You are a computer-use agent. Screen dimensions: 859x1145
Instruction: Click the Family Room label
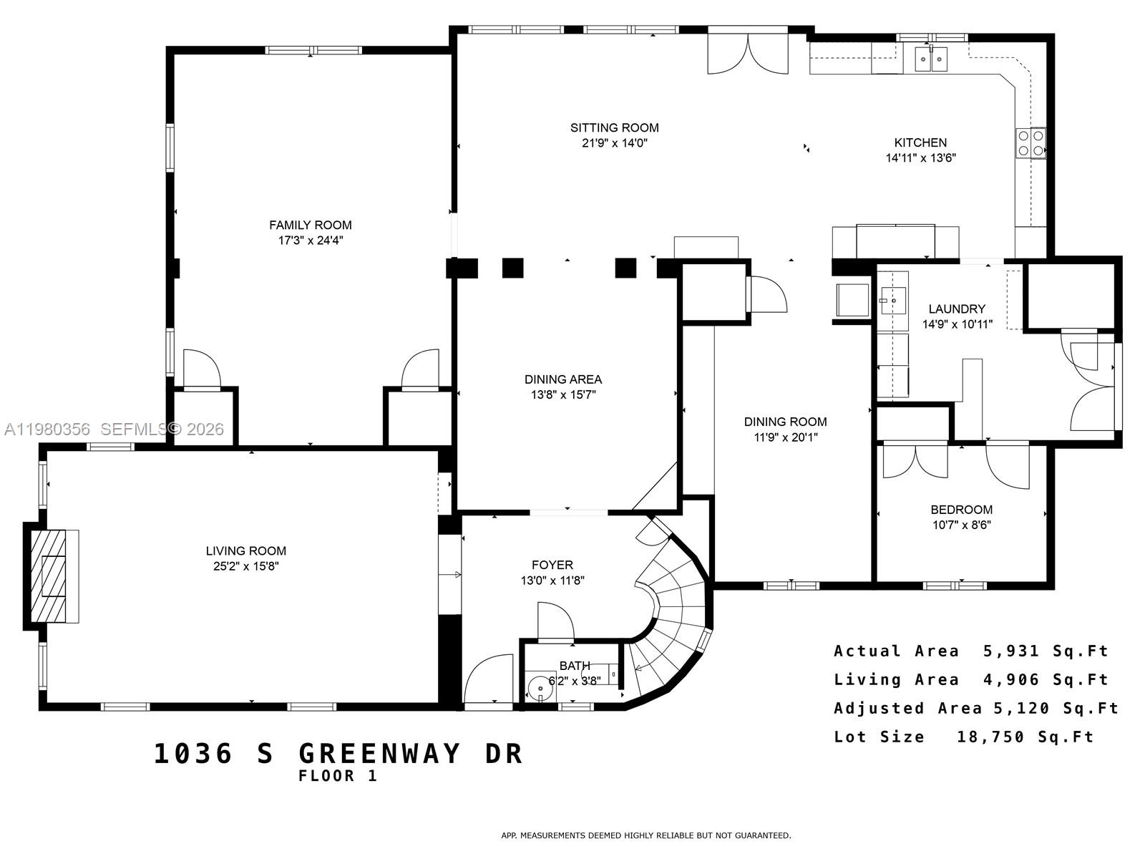[x=311, y=225]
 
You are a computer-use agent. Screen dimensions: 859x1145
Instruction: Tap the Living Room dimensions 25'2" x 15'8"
[x=245, y=566]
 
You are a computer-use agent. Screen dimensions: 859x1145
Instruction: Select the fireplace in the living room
[x=52, y=576]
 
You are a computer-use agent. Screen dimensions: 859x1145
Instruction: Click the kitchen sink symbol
[x=931, y=59]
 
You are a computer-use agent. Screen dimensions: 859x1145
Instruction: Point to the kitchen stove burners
[x=1030, y=142]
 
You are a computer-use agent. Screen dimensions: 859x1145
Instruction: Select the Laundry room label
[x=957, y=309]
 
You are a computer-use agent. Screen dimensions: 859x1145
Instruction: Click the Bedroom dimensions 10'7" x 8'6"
[x=961, y=525]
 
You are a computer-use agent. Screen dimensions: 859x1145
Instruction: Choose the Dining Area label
[x=563, y=379]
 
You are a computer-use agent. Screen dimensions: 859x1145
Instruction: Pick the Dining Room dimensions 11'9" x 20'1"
[x=785, y=437]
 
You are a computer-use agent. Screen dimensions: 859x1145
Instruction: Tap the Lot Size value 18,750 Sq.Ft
[x=1025, y=737]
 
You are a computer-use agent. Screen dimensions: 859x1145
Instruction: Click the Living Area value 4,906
[x=1010, y=679]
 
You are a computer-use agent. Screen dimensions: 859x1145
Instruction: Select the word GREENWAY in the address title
[x=380, y=754]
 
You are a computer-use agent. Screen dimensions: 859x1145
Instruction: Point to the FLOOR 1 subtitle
[x=337, y=776]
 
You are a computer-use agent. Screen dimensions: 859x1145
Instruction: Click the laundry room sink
[x=892, y=301]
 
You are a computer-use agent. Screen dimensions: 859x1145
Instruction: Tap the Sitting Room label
[x=614, y=127]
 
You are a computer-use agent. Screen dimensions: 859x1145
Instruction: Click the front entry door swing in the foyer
[x=489, y=680]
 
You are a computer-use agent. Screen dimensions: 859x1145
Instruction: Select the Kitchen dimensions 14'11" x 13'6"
[x=920, y=158]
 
